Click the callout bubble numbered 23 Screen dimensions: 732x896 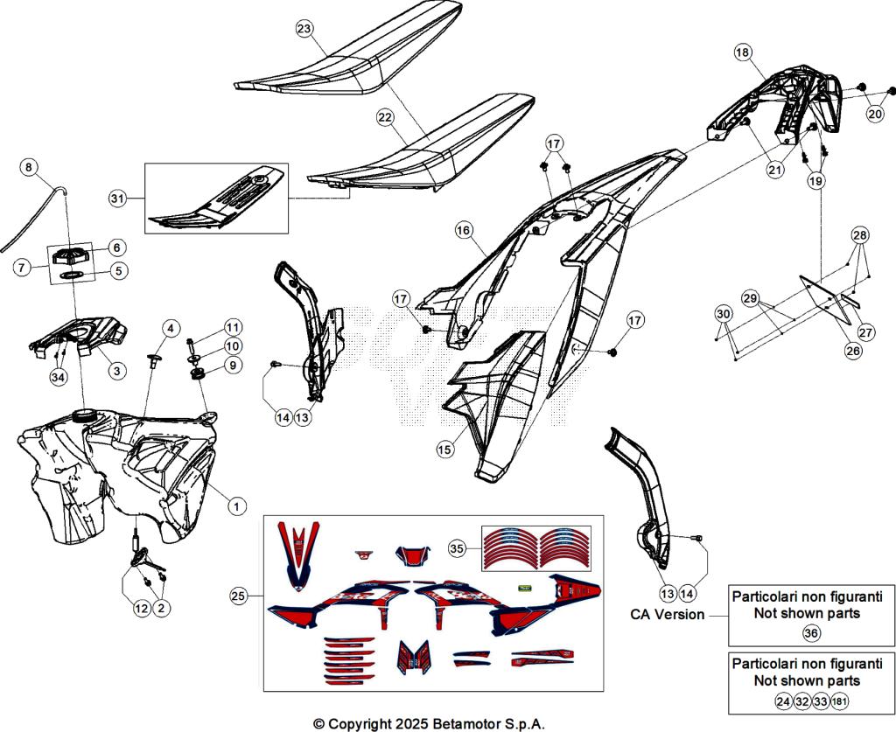coord(304,30)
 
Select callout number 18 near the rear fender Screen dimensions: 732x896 coord(742,53)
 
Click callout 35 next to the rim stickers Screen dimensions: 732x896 coord(456,549)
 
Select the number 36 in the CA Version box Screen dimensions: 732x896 coord(811,633)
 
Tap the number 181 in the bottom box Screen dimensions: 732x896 coord(841,701)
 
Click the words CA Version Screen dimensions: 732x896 coord(668,614)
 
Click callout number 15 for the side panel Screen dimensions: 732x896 coord(444,450)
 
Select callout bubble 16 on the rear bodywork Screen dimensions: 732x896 coord(464,230)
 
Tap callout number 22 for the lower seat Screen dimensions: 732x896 coord(385,116)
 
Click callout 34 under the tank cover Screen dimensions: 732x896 coord(58,377)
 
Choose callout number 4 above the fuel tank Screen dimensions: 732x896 coord(171,329)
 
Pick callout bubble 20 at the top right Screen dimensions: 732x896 coord(875,113)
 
